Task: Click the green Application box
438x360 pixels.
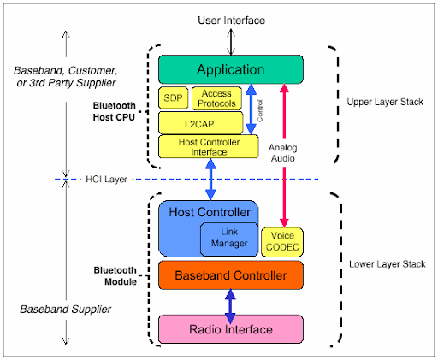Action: pos(230,69)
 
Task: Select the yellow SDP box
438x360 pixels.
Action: pos(172,98)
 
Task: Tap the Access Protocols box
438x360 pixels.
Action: pos(216,98)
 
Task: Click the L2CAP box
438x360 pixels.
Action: pos(200,123)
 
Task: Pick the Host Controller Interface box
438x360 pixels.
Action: pos(209,146)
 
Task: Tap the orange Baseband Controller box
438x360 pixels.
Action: pos(230,275)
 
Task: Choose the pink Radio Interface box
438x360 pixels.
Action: pos(230,328)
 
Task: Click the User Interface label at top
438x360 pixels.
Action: pos(230,20)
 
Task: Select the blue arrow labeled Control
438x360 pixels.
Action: pos(251,109)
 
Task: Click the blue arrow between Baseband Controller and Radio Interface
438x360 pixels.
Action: pos(230,302)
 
